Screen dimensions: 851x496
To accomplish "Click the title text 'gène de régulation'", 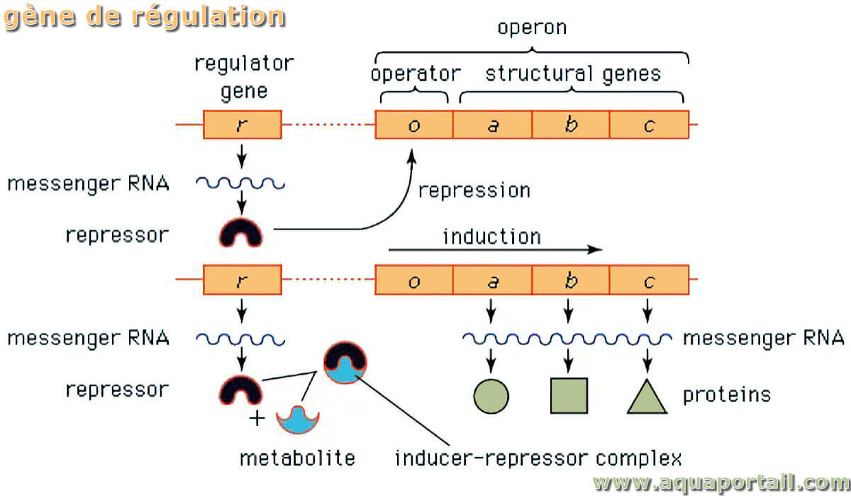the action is tap(145, 18).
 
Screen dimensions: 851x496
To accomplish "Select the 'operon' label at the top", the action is tap(532, 28).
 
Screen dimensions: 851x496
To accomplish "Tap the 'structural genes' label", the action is tap(573, 74).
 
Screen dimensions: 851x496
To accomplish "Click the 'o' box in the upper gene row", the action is tap(414, 125).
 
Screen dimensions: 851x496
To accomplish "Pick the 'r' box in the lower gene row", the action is tap(243, 280).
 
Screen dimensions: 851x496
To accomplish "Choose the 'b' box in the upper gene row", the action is tap(571, 125).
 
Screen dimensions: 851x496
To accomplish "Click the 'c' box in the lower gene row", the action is tap(650, 280).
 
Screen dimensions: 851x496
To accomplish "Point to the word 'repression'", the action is tap(474, 191).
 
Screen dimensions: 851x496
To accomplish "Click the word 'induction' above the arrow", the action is tap(492, 237).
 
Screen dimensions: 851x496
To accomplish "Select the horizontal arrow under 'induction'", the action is tap(496, 249).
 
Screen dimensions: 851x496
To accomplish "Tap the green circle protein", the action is tap(491, 396).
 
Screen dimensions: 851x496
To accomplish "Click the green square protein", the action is tap(569, 395).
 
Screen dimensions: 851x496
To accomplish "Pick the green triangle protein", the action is tap(647, 397).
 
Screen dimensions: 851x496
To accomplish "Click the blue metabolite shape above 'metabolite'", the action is tap(298, 420).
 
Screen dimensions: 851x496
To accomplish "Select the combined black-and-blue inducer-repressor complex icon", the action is tap(345, 362).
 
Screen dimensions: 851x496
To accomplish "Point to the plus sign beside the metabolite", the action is tap(257, 419).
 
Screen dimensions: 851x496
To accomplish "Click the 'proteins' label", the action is tap(727, 395).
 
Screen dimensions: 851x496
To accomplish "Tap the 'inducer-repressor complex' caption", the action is tap(538, 458).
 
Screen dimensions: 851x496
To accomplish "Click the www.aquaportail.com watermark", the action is tap(721, 483).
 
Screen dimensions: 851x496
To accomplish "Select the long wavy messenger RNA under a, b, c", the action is tap(567, 339).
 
